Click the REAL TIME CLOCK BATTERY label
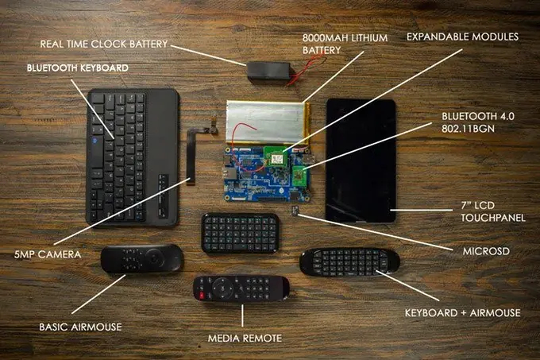tap(104, 44)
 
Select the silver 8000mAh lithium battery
tap(268, 122)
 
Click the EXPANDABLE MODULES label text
tap(462, 37)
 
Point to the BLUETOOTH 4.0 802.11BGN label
tap(478, 122)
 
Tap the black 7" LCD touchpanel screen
tap(361, 161)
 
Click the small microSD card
tap(295, 211)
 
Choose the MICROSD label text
tap(486, 251)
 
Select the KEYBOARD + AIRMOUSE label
tap(462, 313)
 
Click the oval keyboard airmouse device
tap(349, 262)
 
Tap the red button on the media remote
tap(202, 296)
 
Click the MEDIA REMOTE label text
tap(245, 339)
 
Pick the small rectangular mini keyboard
tap(241, 233)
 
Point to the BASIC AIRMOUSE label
tap(80, 327)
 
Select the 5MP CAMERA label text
tap(48, 254)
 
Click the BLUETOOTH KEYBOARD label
tap(78, 68)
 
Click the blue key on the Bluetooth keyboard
tap(95, 140)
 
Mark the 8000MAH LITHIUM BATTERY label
tap(345, 44)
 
